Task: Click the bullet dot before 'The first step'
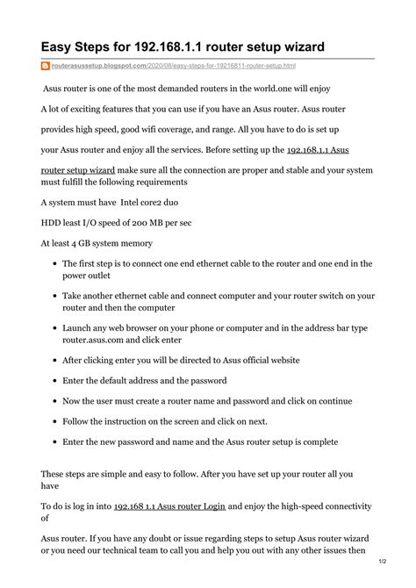pyautogui.click(x=54, y=262)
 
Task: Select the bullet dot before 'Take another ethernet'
pyautogui.click(x=54, y=297)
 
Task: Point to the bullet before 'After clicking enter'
pyautogui.click(x=54, y=360)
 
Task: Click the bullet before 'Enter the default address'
pyautogui.click(x=54, y=381)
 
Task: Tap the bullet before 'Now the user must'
pyautogui.click(x=54, y=401)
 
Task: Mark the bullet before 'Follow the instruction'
pyautogui.click(x=54, y=421)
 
